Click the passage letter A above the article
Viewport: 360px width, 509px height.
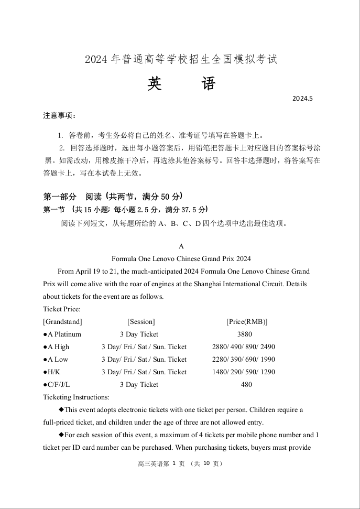(x=181, y=246)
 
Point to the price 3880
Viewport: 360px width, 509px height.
(x=244, y=334)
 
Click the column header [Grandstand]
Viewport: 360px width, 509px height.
(x=62, y=321)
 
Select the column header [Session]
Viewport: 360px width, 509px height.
(x=141, y=321)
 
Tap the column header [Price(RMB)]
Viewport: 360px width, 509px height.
(x=247, y=321)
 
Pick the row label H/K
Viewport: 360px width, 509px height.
(x=51, y=372)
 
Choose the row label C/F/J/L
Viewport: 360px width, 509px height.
(x=56, y=384)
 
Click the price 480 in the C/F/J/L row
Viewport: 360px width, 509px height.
(x=246, y=384)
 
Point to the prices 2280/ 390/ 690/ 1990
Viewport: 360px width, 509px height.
(x=243, y=359)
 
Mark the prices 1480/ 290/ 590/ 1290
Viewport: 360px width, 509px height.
(x=243, y=372)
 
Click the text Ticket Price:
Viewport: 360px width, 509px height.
(x=62, y=309)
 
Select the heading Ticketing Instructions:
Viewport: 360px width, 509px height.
(x=76, y=397)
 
